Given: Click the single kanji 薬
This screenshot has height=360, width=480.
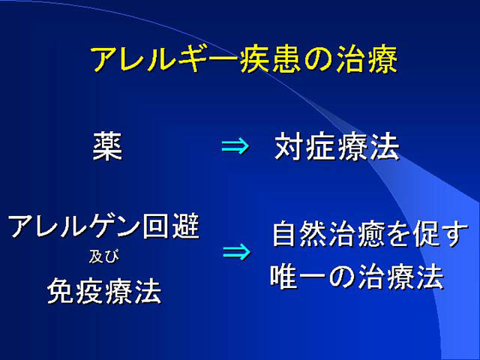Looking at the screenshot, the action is [107, 147].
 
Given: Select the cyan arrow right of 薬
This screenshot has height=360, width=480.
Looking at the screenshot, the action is [235, 147].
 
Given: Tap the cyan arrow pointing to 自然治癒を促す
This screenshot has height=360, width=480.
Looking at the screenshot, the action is [236, 252].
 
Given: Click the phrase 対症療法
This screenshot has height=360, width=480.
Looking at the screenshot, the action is [337, 147].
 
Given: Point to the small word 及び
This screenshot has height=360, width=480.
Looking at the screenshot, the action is [103, 256].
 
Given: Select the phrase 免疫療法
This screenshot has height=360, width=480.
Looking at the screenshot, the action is [104, 290].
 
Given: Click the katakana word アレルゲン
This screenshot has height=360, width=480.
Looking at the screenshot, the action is [75, 226].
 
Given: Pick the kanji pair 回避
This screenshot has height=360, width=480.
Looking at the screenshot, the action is [171, 226].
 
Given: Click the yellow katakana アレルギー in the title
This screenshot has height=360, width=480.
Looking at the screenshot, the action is [164, 59].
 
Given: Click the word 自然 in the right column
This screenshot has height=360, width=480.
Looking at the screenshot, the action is [301, 235].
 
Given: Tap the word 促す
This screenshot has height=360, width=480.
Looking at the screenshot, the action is [441, 235].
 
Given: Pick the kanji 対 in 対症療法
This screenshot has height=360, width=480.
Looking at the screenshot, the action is [289, 147].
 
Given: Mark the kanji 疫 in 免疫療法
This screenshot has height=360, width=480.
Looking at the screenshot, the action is [90, 290].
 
